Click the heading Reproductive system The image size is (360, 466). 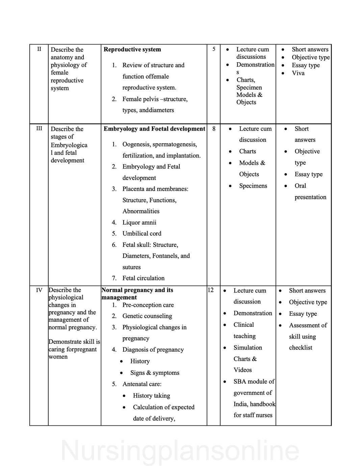[x=132, y=49]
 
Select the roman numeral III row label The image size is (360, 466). [x=39, y=128]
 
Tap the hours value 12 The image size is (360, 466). [x=211, y=290]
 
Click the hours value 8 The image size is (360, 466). [x=214, y=129]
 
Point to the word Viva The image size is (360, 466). [x=298, y=73]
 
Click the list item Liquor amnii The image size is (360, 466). [x=139, y=222]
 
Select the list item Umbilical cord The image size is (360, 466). [x=142, y=233]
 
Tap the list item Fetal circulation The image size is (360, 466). [x=144, y=278]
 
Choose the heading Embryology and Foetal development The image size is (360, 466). [x=154, y=129]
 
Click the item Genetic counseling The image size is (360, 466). [x=147, y=316]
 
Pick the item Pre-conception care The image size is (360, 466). [x=148, y=305]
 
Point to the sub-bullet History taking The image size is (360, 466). [x=151, y=395]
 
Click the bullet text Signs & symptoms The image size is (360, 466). [x=155, y=372]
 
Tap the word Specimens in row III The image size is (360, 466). [x=253, y=186]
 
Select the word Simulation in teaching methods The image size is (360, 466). [x=248, y=347]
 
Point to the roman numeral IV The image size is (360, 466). [x=39, y=290]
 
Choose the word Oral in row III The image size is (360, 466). [x=300, y=186]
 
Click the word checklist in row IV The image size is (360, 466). [x=301, y=347]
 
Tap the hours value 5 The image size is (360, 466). [x=214, y=49]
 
